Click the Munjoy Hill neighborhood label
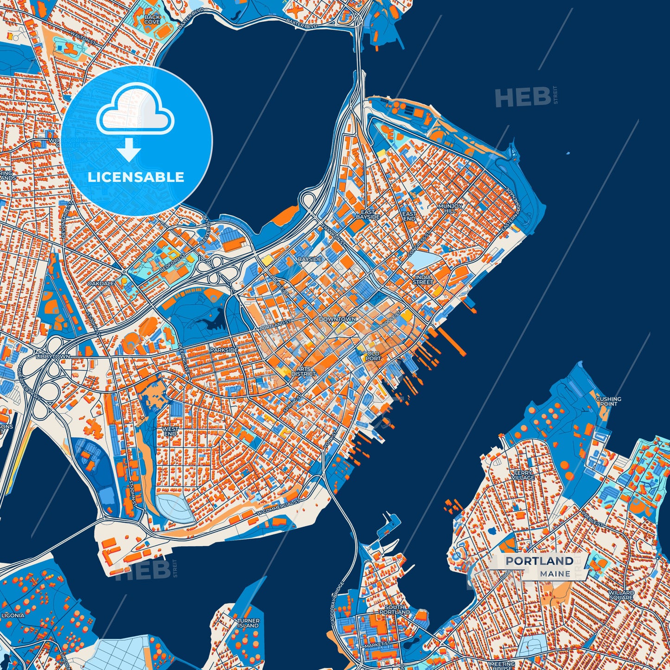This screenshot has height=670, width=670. tap(450, 208)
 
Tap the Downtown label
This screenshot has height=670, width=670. tap(338, 319)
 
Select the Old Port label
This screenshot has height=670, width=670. tap(373, 356)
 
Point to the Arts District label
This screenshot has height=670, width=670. tap(304, 371)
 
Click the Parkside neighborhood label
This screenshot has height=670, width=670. tap(224, 350)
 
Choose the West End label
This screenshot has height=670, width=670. tap(170, 431)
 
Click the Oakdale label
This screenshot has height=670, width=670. tap(101, 283)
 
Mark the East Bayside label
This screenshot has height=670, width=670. tap(368, 214)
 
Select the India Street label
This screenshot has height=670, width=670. tap(423, 279)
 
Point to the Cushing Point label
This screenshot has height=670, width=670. tap(608, 401)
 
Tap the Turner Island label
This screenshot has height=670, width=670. tap(248, 623)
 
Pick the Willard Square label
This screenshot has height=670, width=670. tap(621, 595)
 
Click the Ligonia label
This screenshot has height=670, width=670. tap(13, 615)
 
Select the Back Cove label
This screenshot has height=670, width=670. tap(152, 19)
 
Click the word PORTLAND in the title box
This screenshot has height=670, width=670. tap(539, 561)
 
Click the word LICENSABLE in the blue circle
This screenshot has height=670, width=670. tap(136, 177)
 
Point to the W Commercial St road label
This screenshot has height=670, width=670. tap(279, 509)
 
